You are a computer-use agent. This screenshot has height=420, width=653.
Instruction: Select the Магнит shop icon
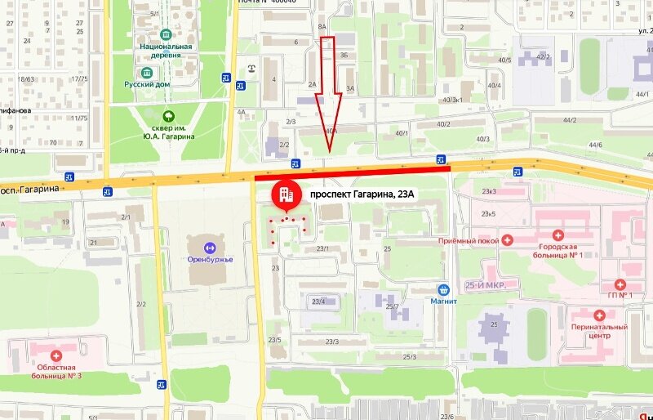tap(443, 289)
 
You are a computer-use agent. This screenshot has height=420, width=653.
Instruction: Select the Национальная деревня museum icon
tap(167, 35)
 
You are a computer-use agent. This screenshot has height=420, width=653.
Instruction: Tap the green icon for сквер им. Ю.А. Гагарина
tap(168, 116)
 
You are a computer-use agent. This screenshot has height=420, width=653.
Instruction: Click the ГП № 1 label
tap(620, 295)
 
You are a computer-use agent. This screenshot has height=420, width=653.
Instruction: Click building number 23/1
tap(322, 248)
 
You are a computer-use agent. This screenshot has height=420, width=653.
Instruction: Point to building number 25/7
tap(391, 307)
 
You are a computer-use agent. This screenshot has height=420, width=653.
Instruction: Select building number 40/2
tap(443, 124)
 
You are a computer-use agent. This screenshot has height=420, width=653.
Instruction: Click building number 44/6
tap(594, 145)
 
